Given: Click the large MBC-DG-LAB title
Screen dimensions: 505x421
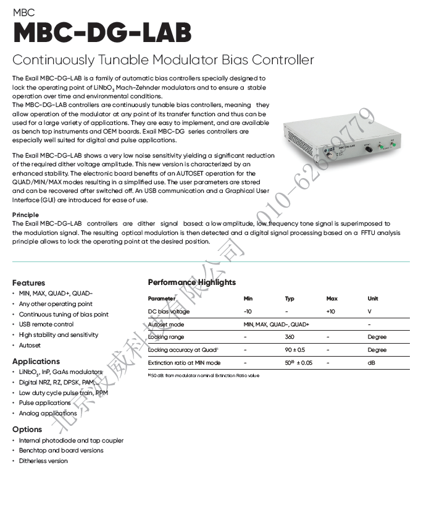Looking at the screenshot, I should (x=102, y=33).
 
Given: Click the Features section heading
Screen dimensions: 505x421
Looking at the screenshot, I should (x=28, y=282).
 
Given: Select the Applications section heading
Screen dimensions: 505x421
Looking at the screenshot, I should (x=36, y=361).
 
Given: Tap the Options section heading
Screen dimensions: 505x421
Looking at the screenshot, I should (x=27, y=429).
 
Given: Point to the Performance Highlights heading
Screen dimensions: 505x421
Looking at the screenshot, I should (x=191, y=282).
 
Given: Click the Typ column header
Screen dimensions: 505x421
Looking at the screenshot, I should (x=290, y=299).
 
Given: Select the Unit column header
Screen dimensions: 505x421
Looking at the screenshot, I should (x=373, y=299).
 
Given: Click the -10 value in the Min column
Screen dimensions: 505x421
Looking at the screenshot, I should (x=248, y=312).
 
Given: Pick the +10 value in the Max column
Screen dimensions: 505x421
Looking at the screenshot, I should (x=331, y=312).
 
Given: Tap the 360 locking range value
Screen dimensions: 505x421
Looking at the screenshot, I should (x=290, y=337).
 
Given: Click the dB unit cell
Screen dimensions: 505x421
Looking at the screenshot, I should (x=371, y=363).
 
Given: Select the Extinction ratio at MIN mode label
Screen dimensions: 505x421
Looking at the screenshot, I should (x=184, y=363).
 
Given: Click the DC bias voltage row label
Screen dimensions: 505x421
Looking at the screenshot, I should (x=169, y=312).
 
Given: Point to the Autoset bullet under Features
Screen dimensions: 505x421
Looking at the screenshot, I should (x=30, y=345).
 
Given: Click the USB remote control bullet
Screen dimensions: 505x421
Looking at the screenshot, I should (x=46, y=324).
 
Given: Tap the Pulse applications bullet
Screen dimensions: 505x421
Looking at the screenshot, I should (x=45, y=402).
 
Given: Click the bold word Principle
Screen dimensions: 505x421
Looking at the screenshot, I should (x=25, y=214).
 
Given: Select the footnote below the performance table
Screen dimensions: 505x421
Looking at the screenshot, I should (x=203, y=375).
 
